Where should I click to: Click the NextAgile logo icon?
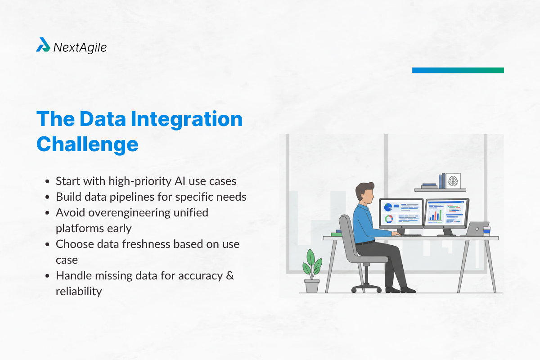pos(43,45)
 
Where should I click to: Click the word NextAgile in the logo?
pos(80,47)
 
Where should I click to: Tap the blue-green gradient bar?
pos(458,70)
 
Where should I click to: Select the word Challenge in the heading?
pos(87,144)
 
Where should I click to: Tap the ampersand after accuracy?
pos(229,275)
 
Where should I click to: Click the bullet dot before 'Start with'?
pos(48,181)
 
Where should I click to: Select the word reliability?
pos(79,291)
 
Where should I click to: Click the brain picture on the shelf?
pos(454,181)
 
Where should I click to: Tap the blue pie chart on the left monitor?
pos(387,207)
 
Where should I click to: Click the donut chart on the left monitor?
pos(388,219)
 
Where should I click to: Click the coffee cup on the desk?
pos(487,230)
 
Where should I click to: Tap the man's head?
pos(365,192)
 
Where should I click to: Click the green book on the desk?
pos(336,234)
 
